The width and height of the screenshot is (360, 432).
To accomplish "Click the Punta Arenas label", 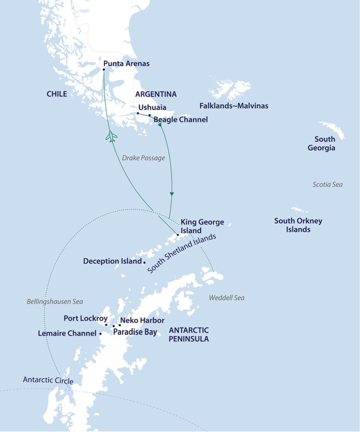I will [126, 64].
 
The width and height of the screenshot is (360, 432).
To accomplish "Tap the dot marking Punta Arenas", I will [104, 70].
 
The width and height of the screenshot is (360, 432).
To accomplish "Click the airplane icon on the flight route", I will [111, 136].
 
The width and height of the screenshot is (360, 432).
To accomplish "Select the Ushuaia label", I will [152, 107].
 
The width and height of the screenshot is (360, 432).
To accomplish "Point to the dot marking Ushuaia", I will [138, 113].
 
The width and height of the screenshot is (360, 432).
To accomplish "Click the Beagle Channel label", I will [181, 120].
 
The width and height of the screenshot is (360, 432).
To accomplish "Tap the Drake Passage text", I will [143, 158].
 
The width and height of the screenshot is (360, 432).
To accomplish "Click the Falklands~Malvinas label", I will [234, 106].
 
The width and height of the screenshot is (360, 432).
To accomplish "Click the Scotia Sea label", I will [328, 184].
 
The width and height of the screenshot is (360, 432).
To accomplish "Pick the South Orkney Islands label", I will [298, 225].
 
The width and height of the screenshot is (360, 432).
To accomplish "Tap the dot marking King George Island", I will [178, 235].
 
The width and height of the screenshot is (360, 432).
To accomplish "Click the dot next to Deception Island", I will [144, 262].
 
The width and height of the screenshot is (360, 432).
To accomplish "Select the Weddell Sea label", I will [227, 298].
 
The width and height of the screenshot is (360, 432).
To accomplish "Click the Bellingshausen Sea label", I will [55, 302].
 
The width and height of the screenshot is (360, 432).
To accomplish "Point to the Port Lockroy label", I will [86, 319].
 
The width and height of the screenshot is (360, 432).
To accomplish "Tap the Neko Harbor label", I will [142, 321].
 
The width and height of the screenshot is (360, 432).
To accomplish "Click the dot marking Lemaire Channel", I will [100, 333].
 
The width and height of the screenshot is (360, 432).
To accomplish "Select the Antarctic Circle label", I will [48, 381].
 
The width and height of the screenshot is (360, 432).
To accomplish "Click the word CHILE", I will [57, 94].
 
